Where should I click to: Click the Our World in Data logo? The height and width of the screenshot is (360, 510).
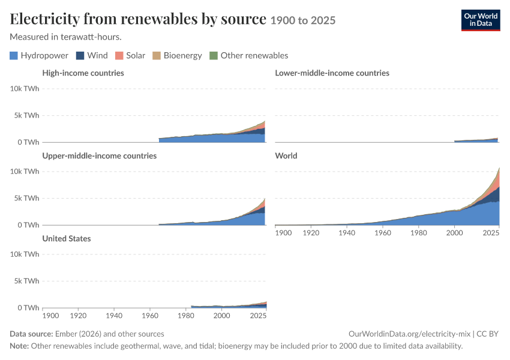point(481,20)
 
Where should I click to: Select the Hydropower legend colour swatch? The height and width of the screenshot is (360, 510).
point(14,56)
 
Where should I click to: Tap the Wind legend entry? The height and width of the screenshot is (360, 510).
point(92,56)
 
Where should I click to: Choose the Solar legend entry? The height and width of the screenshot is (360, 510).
point(130,56)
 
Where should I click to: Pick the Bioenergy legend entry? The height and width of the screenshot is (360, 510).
point(177,56)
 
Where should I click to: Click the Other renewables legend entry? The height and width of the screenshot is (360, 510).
point(249,56)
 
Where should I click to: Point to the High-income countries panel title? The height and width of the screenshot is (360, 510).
point(83,73)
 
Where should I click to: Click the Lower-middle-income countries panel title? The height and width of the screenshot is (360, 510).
point(332,73)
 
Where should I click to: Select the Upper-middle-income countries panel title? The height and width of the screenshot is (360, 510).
point(99,156)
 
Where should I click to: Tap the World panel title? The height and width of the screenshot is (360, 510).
point(286,156)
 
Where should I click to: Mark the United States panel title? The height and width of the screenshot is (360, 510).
point(67,239)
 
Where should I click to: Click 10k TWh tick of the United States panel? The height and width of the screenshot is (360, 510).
point(25,254)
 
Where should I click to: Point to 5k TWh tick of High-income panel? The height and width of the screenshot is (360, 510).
point(26,115)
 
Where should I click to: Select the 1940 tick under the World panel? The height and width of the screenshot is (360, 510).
point(347,233)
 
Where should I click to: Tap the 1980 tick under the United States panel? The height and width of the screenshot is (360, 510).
point(186,316)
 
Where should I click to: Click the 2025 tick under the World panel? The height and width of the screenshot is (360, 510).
point(491,233)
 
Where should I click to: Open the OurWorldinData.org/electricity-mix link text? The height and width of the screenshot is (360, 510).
point(409,334)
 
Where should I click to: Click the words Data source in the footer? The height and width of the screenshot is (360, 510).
point(31,334)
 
